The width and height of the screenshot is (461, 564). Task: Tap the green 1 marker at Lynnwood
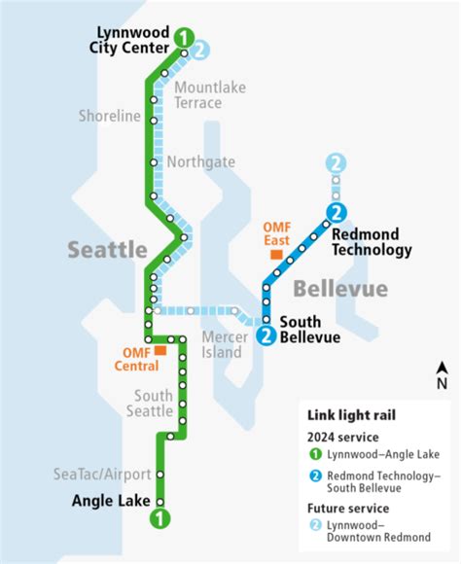(184, 37)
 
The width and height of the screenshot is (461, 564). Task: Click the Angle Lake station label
(111, 502)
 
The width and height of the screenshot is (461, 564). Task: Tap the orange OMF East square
(277, 254)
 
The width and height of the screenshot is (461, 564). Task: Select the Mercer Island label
(222, 344)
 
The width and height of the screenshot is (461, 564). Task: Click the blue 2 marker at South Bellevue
(266, 335)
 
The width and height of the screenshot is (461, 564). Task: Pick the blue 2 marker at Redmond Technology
(337, 212)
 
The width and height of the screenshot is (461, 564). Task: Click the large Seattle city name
(107, 249)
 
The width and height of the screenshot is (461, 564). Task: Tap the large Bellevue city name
(340, 289)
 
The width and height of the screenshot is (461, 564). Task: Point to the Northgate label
(201, 161)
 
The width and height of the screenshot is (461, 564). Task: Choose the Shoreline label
(111, 117)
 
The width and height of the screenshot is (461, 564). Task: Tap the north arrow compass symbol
(442, 374)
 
